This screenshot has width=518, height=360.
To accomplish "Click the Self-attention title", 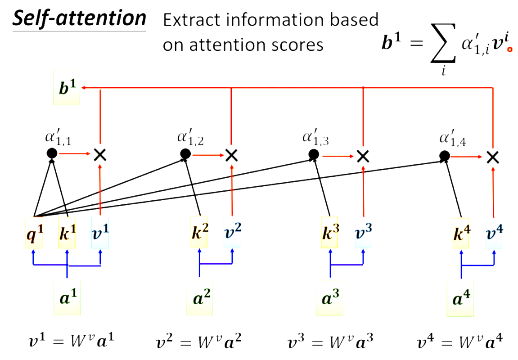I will pos(79,19).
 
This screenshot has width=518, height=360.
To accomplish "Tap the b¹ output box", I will pos(66,88).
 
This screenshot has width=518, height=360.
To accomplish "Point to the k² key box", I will pos(199,233).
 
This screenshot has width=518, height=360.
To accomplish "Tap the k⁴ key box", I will pos(461,233).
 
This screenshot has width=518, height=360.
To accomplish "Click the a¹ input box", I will pos(67,297).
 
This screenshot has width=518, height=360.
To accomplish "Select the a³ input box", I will pos(331,297).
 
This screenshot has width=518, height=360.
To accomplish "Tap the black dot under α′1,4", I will pos(444,156).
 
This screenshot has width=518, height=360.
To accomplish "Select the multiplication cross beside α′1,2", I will pos(231,155).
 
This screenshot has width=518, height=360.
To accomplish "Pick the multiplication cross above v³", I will pos(363,156).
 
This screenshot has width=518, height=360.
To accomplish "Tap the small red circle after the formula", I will pos(510,50).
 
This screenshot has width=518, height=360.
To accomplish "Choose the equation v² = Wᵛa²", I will pos(199,342).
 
